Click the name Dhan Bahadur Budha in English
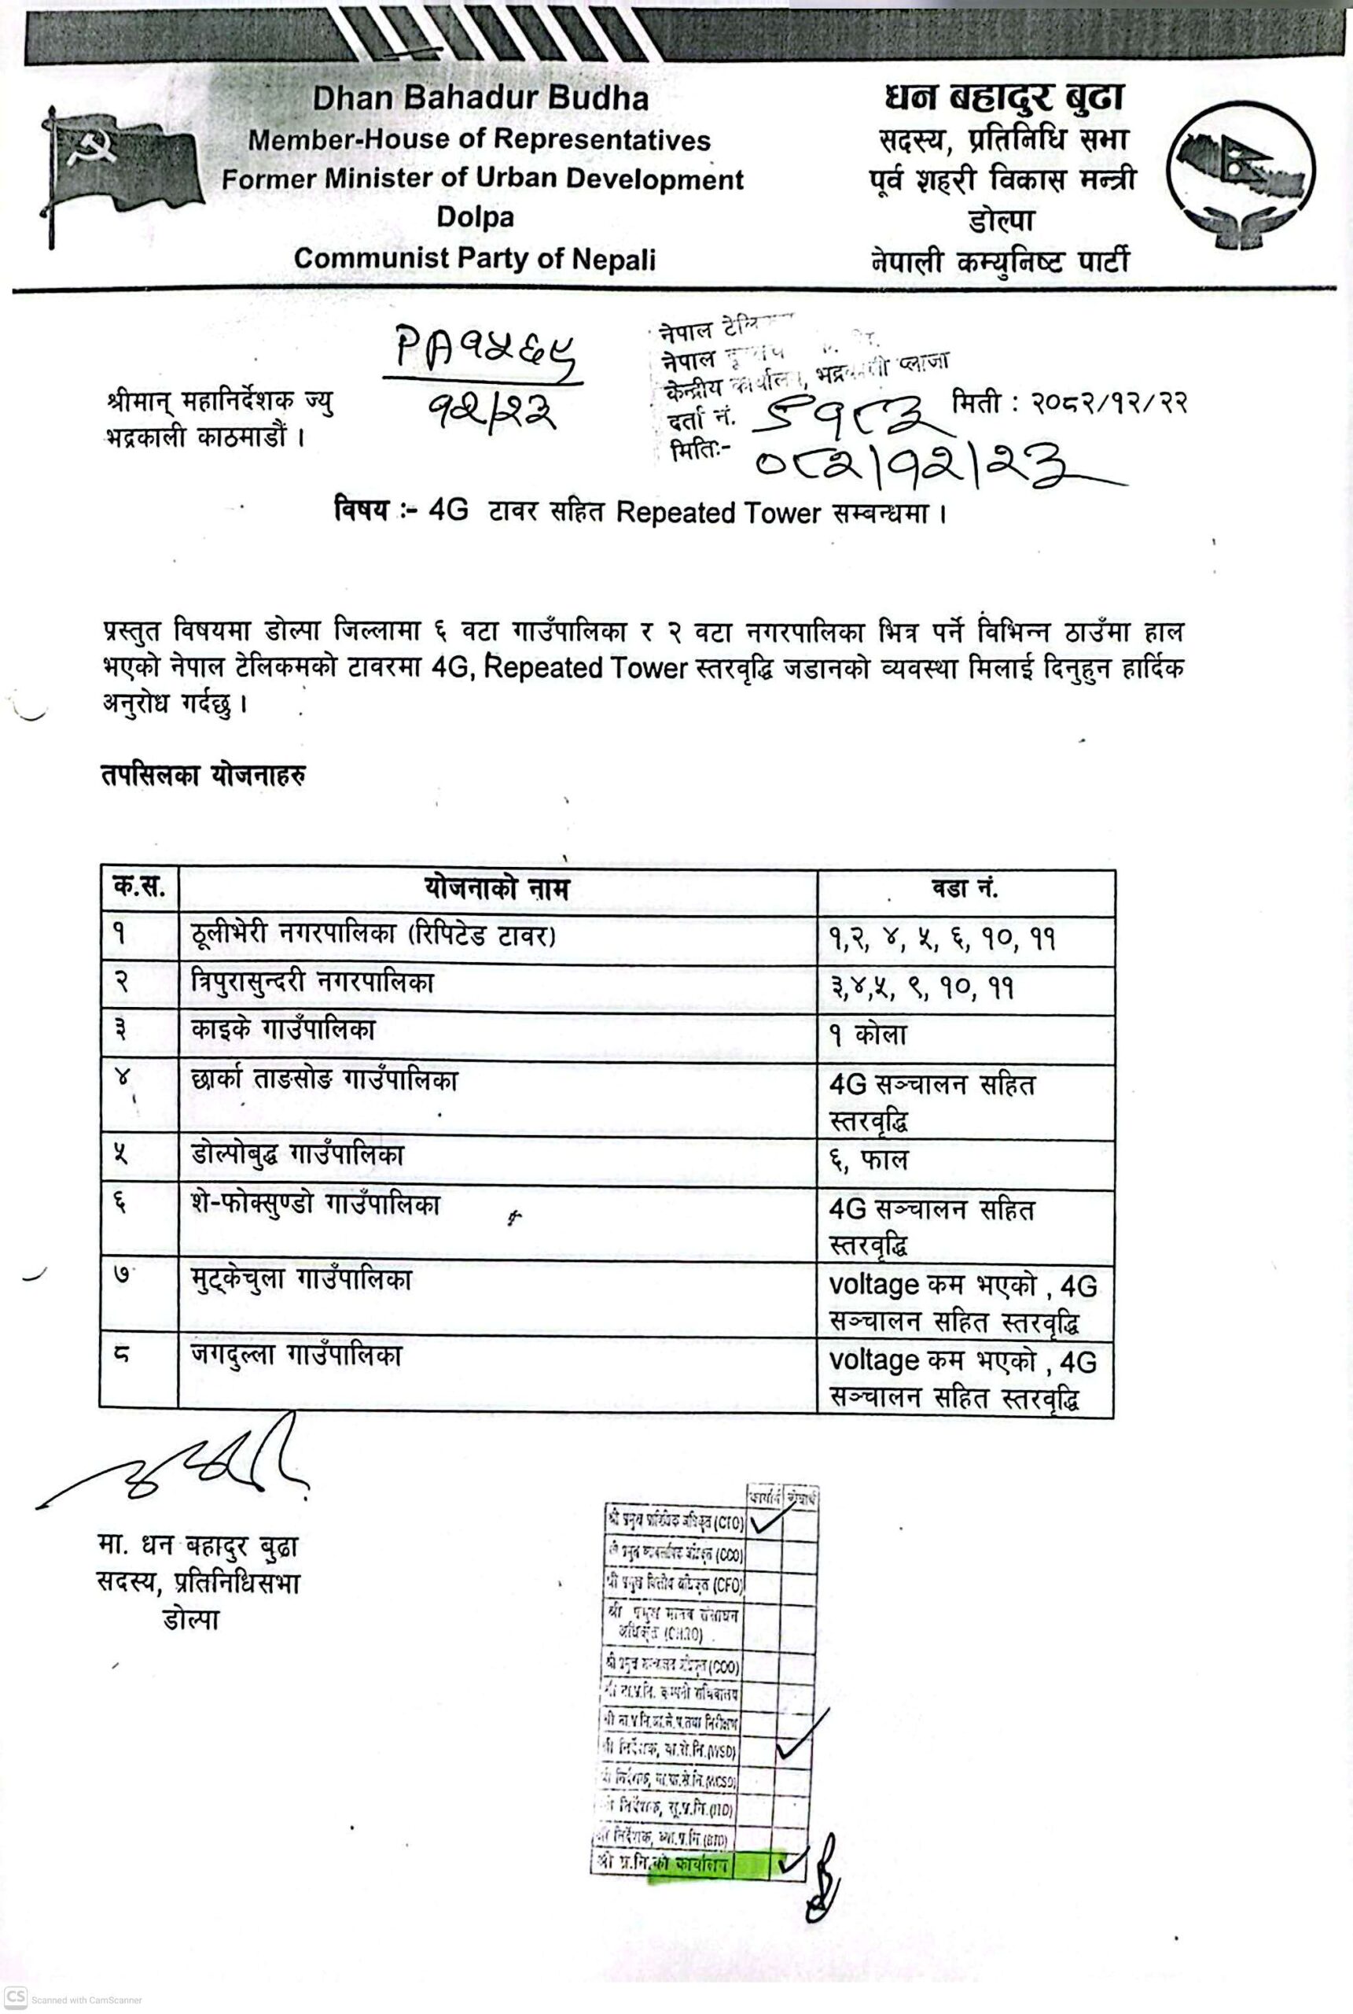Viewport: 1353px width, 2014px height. [x=480, y=98]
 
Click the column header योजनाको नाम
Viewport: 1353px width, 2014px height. [x=497, y=888]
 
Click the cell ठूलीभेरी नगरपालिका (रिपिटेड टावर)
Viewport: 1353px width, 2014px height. [x=372, y=935]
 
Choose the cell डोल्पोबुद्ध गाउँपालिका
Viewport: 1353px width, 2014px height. [x=297, y=1156]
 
